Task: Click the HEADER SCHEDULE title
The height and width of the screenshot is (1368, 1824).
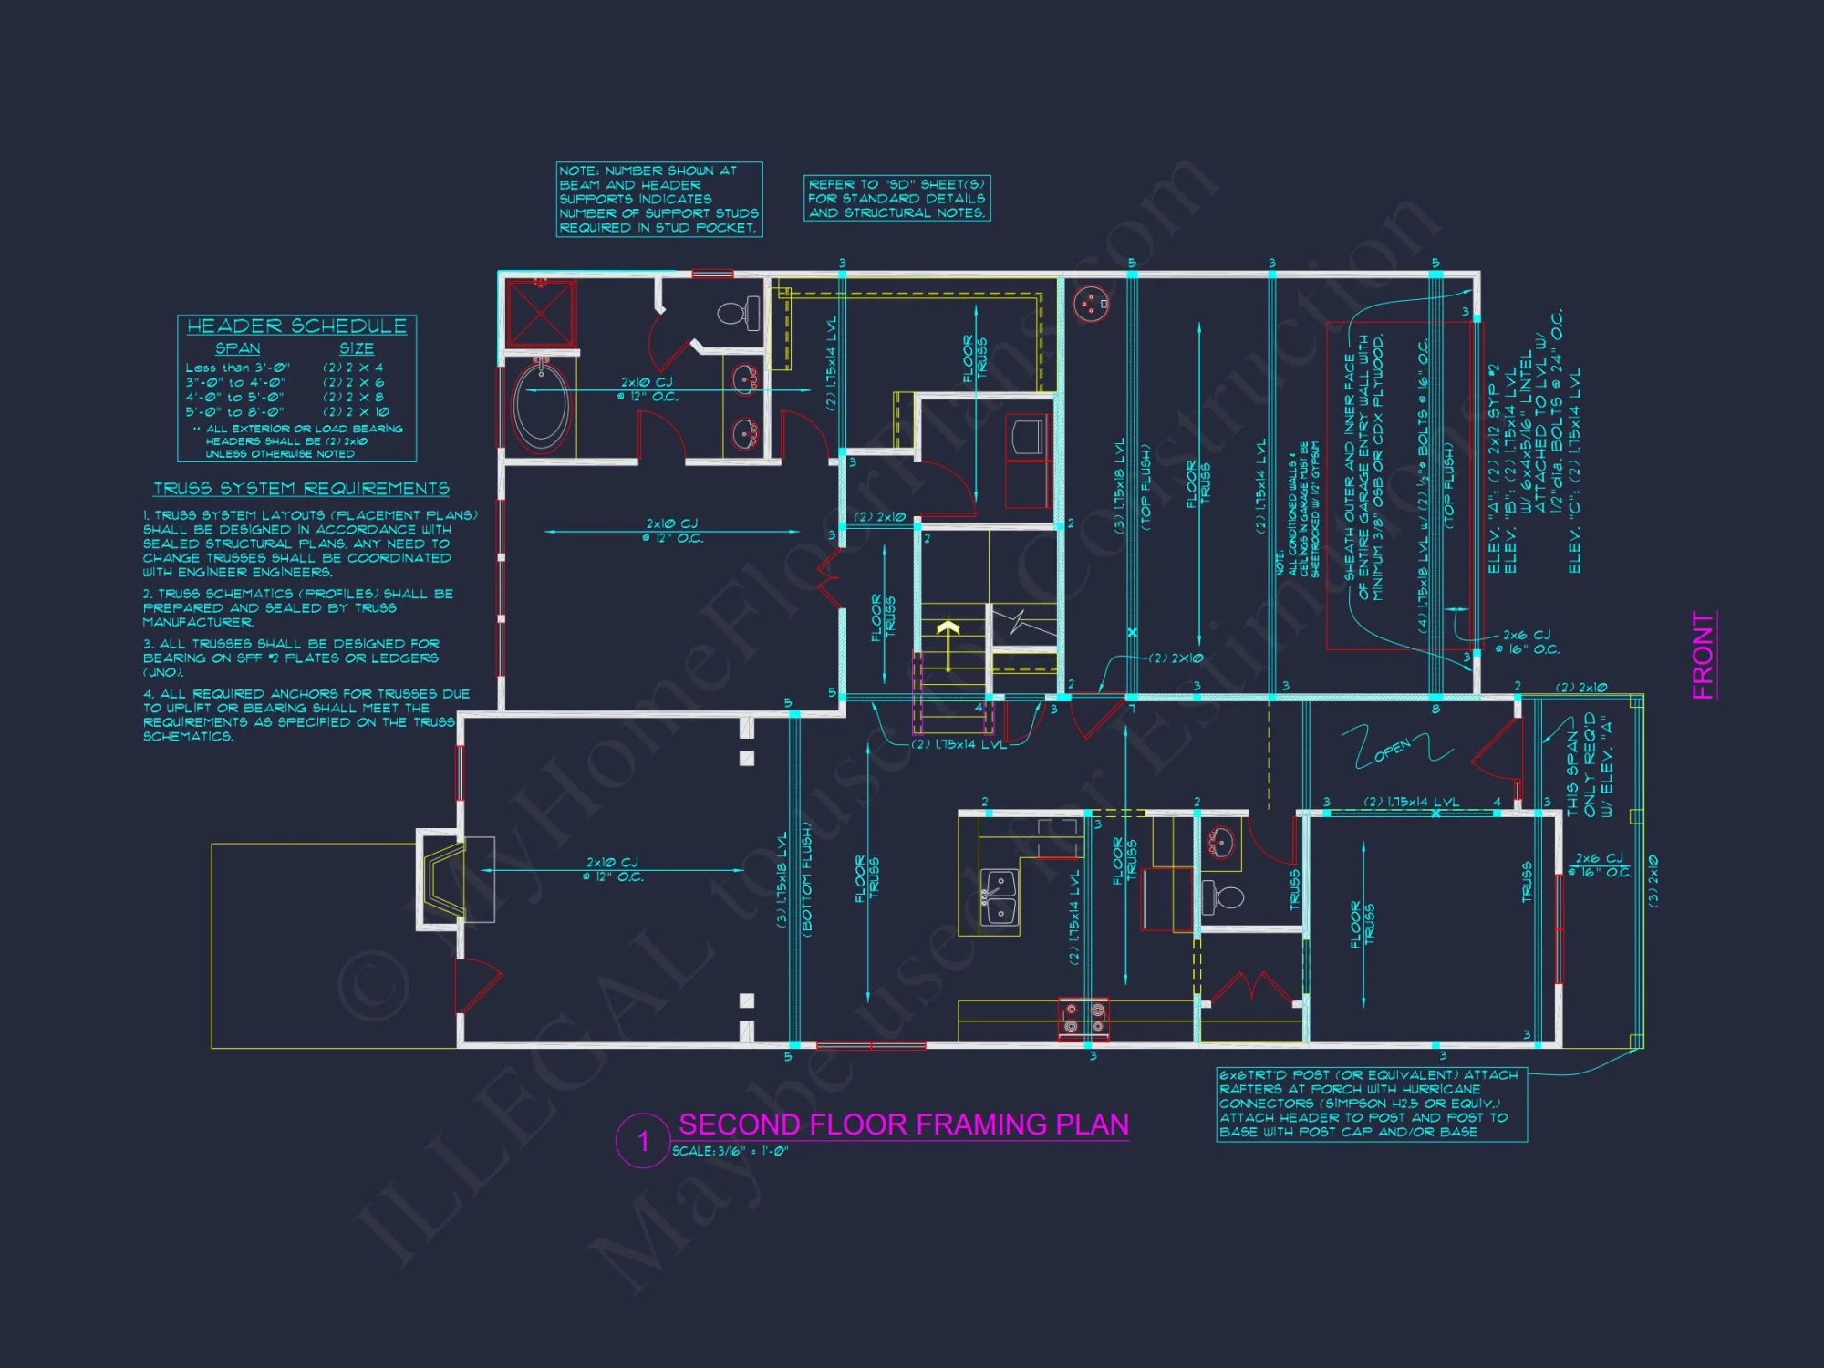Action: coord(296,326)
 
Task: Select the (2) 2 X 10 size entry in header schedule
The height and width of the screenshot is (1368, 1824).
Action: coord(356,411)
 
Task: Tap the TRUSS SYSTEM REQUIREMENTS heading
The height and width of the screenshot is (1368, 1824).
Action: coord(301,489)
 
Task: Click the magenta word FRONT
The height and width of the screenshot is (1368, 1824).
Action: coord(1703,655)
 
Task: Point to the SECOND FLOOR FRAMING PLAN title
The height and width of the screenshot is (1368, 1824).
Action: coord(903,1124)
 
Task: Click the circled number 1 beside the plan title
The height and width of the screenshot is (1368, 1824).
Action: coord(643,1141)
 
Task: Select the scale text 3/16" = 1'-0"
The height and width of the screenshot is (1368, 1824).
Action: coord(730,1152)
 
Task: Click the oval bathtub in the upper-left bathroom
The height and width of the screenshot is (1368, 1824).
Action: coord(542,406)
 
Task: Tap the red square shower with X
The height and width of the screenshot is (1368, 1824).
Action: coord(541,313)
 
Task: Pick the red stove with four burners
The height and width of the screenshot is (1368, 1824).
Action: coord(1083,1018)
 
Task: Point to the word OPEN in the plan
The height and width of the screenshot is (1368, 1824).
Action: coord(1392,750)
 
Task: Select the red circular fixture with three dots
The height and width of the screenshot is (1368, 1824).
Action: coord(1090,305)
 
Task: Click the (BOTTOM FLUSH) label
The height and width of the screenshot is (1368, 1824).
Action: coord(807,877)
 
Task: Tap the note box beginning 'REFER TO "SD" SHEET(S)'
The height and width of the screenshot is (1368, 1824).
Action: coord(896,198)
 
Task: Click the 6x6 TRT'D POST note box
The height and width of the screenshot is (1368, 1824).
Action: coord(1371,1104)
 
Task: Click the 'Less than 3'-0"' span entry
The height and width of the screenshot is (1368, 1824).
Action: coord(237,368)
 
